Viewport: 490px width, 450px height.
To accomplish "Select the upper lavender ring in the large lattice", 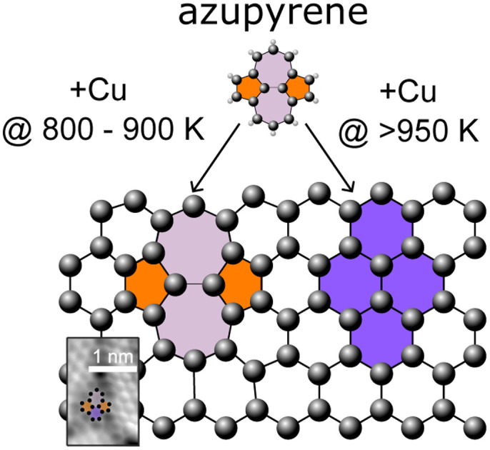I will point(193,241).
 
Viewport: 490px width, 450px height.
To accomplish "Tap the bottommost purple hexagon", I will point(381,341).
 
